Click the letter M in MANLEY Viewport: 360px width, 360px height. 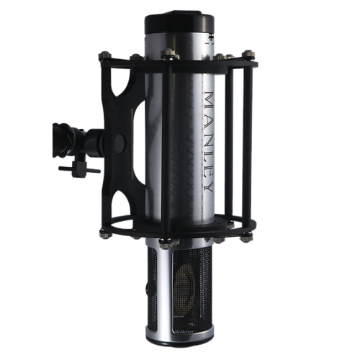(x=208, y=100)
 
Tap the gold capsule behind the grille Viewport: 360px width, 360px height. (x=185, y=287)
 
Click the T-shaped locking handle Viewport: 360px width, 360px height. (x=79, y=168)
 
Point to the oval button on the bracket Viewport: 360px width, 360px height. (x=120, y=144)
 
